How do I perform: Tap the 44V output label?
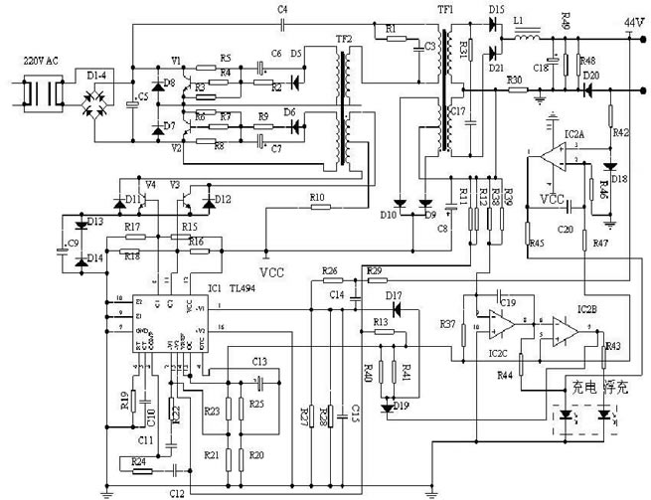631,21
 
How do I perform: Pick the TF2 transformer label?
344,39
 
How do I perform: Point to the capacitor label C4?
283,9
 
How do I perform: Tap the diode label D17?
394,296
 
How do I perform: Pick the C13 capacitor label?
260,361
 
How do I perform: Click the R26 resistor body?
330,281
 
